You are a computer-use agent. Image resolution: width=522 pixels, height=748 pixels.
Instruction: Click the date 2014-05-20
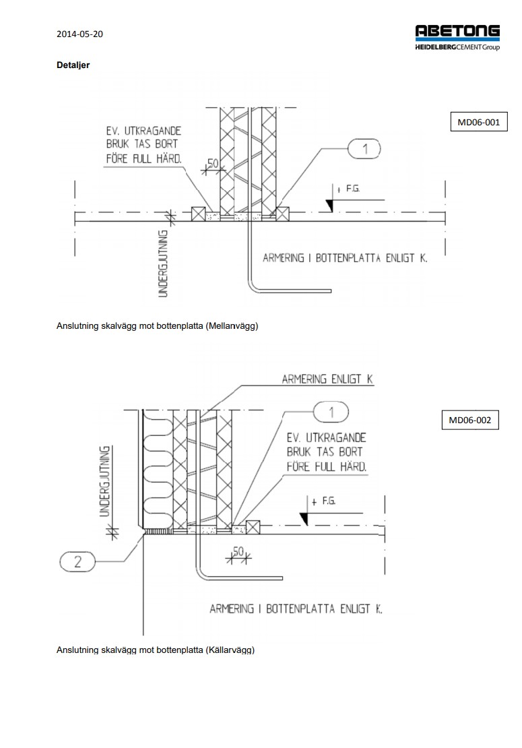(x=79, y=34)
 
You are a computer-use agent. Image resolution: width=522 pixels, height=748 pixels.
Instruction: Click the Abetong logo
(x=457, y=37)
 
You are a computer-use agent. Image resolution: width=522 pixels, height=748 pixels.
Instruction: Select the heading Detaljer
(x=73, y=65)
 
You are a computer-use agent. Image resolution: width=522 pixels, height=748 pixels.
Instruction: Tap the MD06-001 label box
(x=478, y=123)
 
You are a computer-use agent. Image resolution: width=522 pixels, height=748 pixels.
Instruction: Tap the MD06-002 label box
(x=469, y=420)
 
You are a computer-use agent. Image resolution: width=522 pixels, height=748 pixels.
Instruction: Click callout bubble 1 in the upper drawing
(x=365, y=149)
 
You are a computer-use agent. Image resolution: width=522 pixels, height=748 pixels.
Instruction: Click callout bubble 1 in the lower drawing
(x=331, y=411)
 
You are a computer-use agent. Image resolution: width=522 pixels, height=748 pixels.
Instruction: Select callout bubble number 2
(x=77, y=561)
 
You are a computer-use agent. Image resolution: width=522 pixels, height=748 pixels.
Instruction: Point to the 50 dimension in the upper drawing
(x=213, y=164)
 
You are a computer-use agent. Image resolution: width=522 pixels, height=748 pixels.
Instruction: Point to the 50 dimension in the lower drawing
(x=237, y=552)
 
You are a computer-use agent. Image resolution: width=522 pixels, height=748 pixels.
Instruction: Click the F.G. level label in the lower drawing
(x=329, y=501)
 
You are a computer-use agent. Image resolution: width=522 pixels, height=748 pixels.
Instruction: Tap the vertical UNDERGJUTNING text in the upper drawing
(x=162, y=263)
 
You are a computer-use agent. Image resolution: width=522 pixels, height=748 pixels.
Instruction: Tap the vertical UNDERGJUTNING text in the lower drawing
(x=105, y=480)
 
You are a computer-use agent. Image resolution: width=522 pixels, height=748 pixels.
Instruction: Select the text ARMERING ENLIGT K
(x=327, y=379)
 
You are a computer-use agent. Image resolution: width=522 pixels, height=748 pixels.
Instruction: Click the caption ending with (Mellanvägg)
(x=158, y=326)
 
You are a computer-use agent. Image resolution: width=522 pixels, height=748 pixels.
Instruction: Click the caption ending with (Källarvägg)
(x=156, y=650)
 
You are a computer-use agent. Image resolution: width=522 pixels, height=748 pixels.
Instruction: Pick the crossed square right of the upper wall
(x=283, y=214)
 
